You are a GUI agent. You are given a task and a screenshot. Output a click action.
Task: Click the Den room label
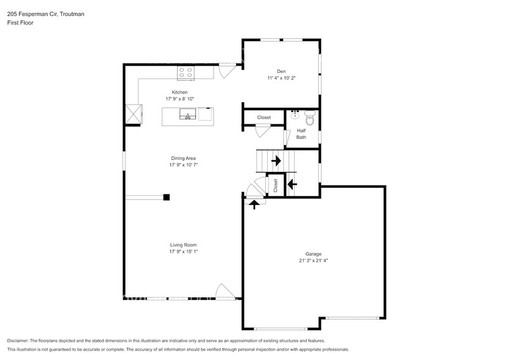click(x=281, y=71)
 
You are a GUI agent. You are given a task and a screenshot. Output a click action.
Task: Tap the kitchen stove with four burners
click(x=186, y=73)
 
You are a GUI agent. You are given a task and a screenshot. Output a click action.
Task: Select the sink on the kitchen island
click(x=187, y=114)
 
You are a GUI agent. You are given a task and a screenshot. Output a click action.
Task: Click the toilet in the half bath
click(x=309, y=119)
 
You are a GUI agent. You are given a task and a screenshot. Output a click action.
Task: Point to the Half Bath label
click(x=301, y=133)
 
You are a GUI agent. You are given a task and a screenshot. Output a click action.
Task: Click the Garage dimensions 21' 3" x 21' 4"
click(x=313, y=260)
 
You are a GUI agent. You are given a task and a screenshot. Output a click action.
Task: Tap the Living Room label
click(x=183, y=245)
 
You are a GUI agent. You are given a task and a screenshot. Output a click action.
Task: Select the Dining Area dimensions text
click(x=183, y=165)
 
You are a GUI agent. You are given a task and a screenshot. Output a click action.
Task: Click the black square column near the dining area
click(x=166, y=197)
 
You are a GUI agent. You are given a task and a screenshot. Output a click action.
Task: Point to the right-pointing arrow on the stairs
click(x=276, y=161)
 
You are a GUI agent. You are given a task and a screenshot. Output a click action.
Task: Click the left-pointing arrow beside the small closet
click(x=292, y=182)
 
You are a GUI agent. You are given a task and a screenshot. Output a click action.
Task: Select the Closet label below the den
click(x=264, y=117)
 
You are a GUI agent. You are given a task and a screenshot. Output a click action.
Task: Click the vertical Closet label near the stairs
click(x=276, y=186)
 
